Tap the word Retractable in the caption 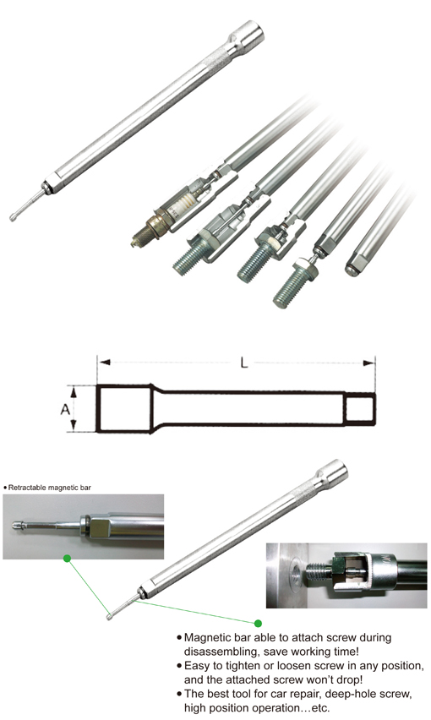coord(29,488)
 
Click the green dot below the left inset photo coord(66,559)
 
